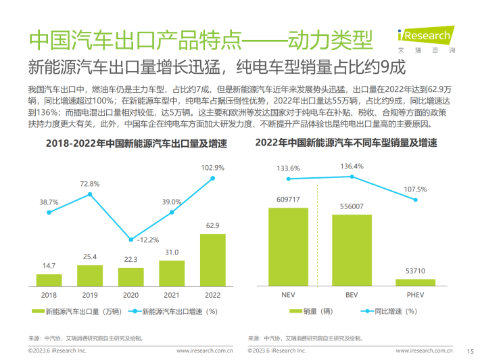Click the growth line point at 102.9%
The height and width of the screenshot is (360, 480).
(x=213, y=178)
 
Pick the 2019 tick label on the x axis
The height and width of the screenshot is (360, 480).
(x=90, y=294)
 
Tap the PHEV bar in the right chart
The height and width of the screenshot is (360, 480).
(x=415, y=282)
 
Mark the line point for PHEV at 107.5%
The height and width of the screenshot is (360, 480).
(x=415, y=199)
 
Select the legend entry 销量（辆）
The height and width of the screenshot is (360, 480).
(x=311, y=312)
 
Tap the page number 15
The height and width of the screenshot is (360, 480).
(x=471, y=351)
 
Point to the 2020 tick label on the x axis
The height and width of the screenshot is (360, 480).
(x=131, y=294)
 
